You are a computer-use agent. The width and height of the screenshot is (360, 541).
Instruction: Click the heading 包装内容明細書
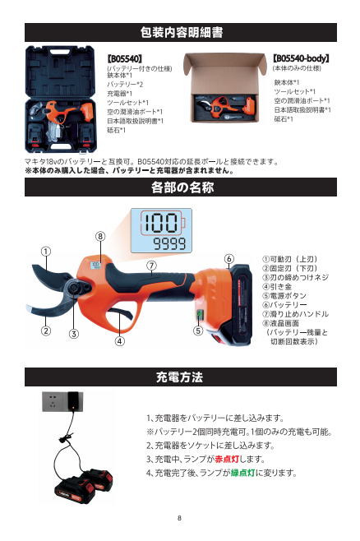tap(182, 32)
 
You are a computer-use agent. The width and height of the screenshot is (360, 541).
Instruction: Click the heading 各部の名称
tap(182, 187)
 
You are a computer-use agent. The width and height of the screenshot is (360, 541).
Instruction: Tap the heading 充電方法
tap(179, 377)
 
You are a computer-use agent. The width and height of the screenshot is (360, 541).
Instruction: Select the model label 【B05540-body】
tap(301, 58)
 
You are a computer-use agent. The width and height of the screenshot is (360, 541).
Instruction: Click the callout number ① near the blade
tap(46, 252)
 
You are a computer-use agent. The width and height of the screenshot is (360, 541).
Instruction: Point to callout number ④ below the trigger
tap(119, 341)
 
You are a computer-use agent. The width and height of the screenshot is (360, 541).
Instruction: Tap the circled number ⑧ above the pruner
tap(100, 236)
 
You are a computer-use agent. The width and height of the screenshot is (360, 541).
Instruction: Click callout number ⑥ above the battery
tap(229, 259)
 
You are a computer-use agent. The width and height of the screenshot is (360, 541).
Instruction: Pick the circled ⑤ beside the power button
tap(197, 331)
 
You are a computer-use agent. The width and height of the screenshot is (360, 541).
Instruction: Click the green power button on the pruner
tap(199, 314)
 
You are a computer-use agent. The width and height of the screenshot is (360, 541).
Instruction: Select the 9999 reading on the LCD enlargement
tap(169, 244)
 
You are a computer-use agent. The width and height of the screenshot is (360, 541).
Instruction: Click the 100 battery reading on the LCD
tap(160, 223)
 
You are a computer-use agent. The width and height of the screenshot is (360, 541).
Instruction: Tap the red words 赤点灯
tap(227, 460)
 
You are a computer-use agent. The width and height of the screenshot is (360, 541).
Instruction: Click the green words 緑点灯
tap(242, 473)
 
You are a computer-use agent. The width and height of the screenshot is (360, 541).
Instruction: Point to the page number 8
tap(179, 518)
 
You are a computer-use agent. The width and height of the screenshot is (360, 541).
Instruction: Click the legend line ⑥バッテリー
tap(284, 305)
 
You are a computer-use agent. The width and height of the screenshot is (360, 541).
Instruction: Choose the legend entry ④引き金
tap(277, 287)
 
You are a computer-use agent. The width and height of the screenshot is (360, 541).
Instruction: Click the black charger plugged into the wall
tap(73, 400)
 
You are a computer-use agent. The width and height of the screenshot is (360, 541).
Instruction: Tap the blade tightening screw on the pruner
tap(74, 289)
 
